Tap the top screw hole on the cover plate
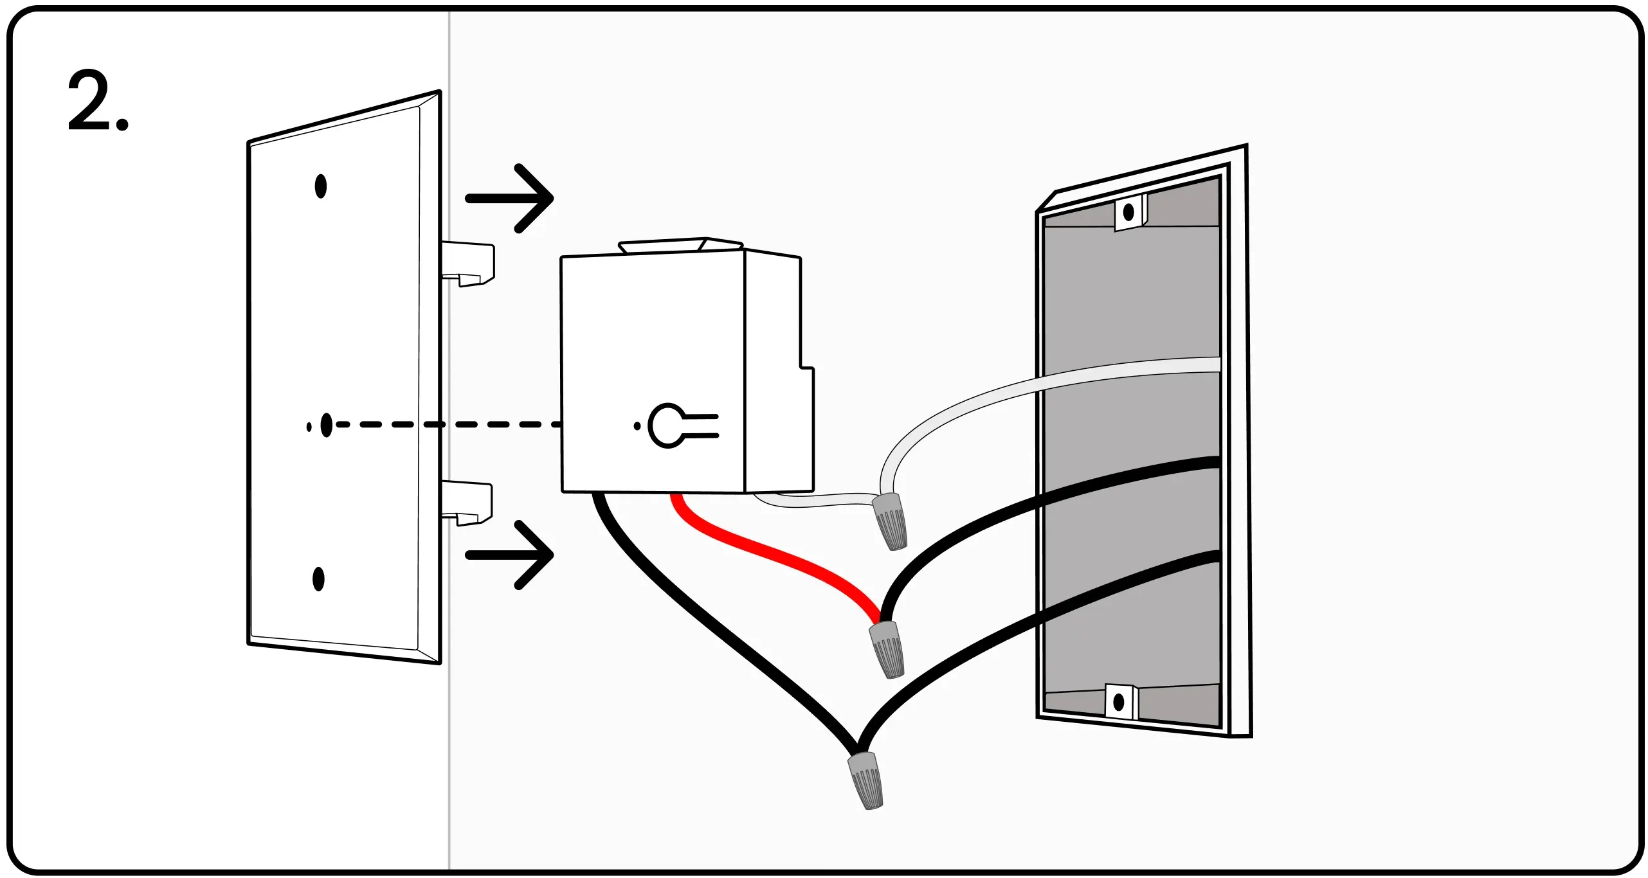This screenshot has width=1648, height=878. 320,186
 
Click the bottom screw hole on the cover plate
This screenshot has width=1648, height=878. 318,579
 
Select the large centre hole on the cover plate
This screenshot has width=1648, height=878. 326,425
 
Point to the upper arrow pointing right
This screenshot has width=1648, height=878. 509,198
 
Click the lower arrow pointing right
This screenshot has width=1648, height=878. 509,555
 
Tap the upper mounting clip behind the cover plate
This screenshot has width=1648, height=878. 468,262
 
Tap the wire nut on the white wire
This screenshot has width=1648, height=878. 890,521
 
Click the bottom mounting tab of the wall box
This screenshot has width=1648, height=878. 1120,701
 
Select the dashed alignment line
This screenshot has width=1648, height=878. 450,424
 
